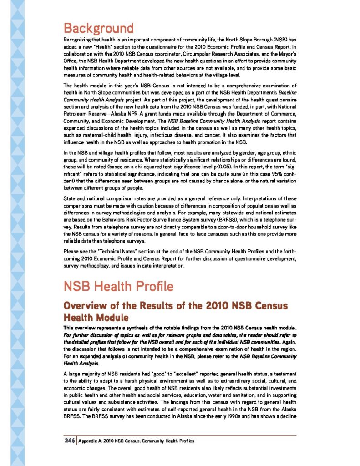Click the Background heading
[x=98, y=28]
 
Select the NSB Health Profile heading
[x=118, y=287]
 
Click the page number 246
[x=69, y=441]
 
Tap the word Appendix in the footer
[x=88, y=441]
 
